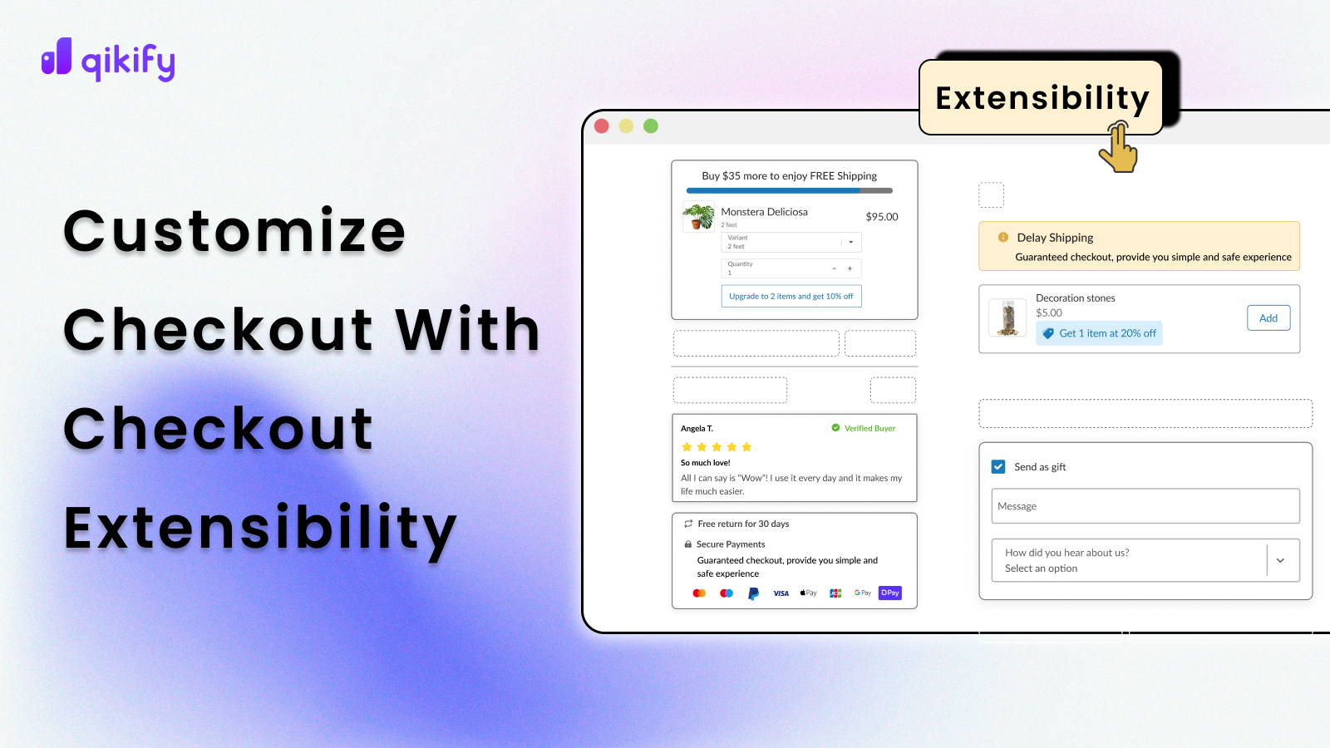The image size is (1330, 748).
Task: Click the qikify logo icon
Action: point(57,57)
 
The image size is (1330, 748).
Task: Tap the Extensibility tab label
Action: point(1042,98)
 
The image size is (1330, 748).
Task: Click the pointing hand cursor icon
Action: point(1119,147)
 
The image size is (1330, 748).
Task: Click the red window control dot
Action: point(602,125)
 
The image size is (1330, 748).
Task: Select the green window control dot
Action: point(651,125)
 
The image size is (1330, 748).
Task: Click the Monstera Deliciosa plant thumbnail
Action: point(698,217)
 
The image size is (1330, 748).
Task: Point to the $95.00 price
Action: point(881,217)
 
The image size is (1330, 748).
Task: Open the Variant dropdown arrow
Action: point(850,242)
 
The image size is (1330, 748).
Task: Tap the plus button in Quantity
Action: point(850,268)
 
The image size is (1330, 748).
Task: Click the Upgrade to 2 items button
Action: point(791,296)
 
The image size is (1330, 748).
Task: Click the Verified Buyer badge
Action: point(864,428)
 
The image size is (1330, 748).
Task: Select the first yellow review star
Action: point(687,447)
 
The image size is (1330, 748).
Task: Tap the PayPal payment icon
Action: point(753,593)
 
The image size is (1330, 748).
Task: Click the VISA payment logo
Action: point(781,593)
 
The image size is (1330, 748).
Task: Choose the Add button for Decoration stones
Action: point(1268,318)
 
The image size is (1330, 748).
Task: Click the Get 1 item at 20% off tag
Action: point(1099,333)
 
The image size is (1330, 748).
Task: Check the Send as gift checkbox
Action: point(998,467)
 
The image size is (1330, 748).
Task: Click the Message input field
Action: point(1145,506)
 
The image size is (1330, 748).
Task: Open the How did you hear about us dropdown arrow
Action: point(1280,560)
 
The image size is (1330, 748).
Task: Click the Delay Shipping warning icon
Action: point(1003,237)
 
